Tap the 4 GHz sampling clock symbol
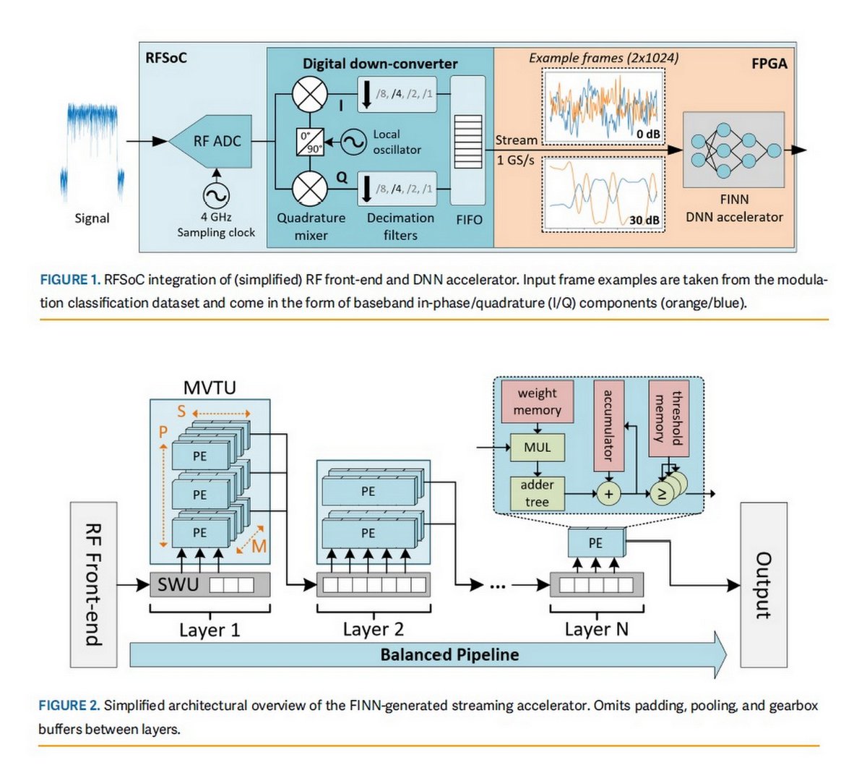click(215, 195)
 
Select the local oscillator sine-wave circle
click(353, 142)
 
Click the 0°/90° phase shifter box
click(310, 142)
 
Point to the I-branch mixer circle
click(310, 95)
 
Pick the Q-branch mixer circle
click(310, 189)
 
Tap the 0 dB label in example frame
click(647, 134)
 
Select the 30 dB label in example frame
click(644, 220)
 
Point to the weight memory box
click(537, 402)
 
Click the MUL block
click(537, 448)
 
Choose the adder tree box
click(537, 493)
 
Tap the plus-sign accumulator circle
click(608, 494)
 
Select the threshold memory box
click(668, 418)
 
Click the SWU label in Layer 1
click(178, 584)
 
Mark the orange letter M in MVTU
click(259, 547)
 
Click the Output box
click(763, 584)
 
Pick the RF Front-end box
click(94, 584)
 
